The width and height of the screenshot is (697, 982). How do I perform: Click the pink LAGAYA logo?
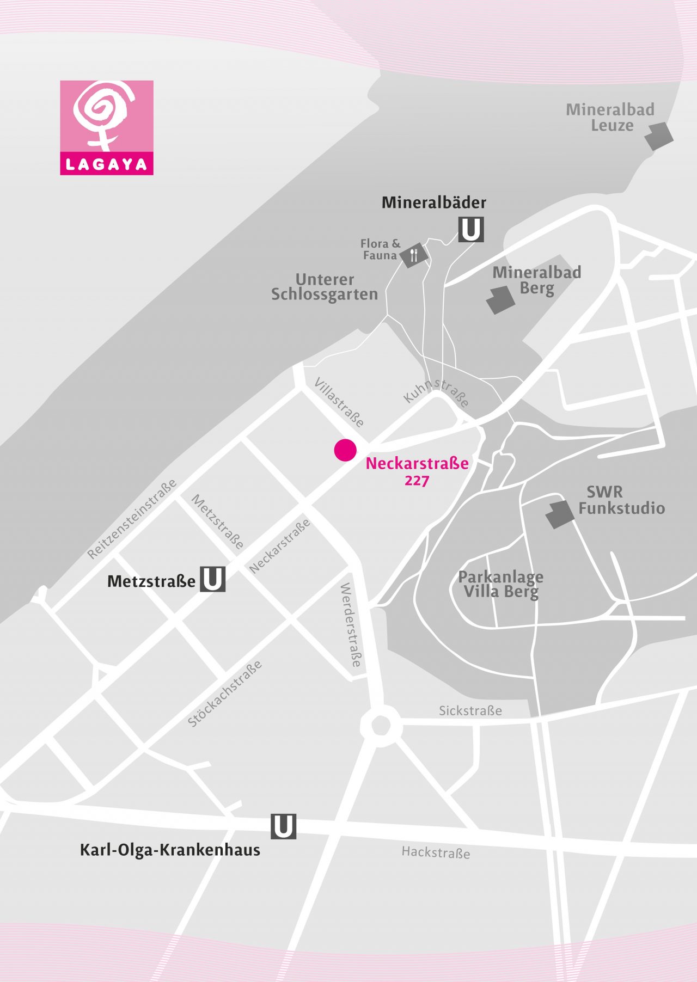(107, 127)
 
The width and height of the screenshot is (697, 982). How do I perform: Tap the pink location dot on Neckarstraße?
(345, 450)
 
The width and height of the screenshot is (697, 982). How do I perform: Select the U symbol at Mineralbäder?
(471, 229)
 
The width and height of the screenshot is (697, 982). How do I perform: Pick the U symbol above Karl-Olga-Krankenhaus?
(283, 826)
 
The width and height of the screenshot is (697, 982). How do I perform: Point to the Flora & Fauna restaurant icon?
(413, 255)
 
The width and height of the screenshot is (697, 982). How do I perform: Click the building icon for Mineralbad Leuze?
(659, 136)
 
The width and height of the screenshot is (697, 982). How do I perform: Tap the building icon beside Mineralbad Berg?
(500, 300)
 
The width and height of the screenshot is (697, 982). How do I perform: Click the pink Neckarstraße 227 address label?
(417, 471)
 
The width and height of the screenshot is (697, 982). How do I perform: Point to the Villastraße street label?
(339, 402)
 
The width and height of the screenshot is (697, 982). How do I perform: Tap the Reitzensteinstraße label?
(132, 519)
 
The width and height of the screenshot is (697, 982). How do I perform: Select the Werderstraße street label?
(351, 624)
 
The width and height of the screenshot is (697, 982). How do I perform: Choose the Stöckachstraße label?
(225, 693)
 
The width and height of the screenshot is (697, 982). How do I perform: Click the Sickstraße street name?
(470, 710)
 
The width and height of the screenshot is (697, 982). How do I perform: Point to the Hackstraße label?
(436, 852)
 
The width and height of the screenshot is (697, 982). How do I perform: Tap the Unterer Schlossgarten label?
(325, 287)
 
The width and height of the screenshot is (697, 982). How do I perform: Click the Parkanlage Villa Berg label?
(500, 584)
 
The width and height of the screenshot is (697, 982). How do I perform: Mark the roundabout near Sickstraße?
(380, 726)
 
